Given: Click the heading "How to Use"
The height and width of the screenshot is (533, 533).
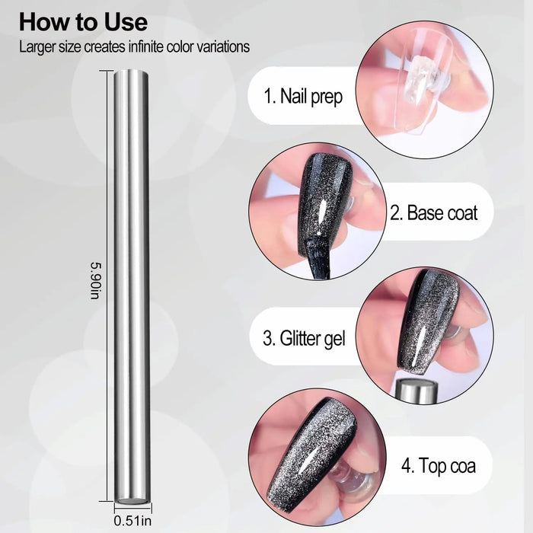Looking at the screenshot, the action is pyautogui.click(x=83, y=22).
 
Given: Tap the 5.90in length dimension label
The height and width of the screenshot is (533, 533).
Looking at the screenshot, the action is pyautogui.click(x=95, y=281).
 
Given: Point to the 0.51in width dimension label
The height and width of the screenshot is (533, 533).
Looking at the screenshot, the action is pyautogui.click(x=132, y=521).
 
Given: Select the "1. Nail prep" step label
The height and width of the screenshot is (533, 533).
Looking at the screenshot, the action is pyautogui.click(x=303, y=97).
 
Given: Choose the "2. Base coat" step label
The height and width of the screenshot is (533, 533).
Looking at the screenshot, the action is pyautogui.click(x=434, y=212).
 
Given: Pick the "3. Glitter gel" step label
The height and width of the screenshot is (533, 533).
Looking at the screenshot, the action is pyautogui.click(x=305, y=339).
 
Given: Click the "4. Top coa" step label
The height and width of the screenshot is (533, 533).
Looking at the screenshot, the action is pyautogui.click(x=439, y=465).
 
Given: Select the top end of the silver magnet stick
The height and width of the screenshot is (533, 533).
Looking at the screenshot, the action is pyautogui.click(x=131, y=72).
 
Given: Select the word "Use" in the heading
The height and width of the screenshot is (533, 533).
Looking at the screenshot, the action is pyautogui.click(x=126, y=22).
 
